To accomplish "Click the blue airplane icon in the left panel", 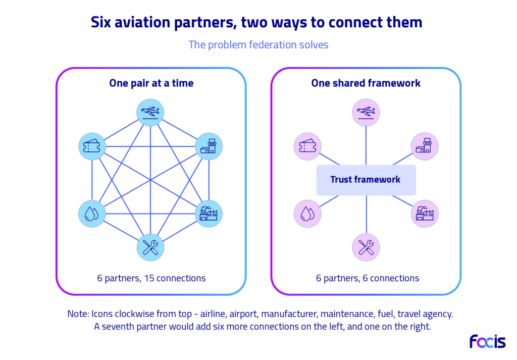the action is [x=150, y=113].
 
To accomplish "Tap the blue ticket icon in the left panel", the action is [x=92, y=146].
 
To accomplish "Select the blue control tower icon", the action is [x=209, y=146].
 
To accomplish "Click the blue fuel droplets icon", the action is [x=92, y=214].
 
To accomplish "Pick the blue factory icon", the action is [x=209, y=214].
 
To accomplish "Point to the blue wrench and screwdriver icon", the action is [x=150, y=247].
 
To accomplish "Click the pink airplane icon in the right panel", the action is [x=366, y=113].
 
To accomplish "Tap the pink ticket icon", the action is [x=307, y=146].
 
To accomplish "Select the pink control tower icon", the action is [x=424, y=146].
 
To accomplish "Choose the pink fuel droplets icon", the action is [x=307, y=214].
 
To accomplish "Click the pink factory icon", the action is [x=424, y=214].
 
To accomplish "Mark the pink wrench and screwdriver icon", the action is [x=366, y=247].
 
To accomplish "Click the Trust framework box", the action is [x=366, y=180].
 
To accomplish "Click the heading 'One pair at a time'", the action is [x=151, y=83].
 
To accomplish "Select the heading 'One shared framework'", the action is [x=366, y=83].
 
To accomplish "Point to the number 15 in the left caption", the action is [x=149, y=278].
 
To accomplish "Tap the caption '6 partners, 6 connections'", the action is [x=368, y=278].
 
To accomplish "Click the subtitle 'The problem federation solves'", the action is [x=258, y=45].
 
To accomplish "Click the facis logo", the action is [x=488, y=341].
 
